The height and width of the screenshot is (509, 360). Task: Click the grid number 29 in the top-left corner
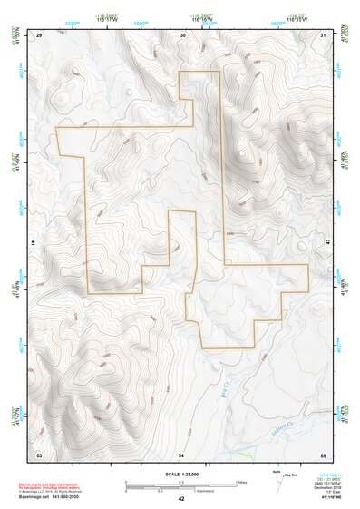pyautogui.click(x=39, y=34)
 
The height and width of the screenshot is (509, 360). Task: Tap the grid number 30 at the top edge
pyautogui.click(x=182, y=34)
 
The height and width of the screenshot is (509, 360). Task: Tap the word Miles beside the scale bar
pyautogui.click(x=240, y=482)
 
